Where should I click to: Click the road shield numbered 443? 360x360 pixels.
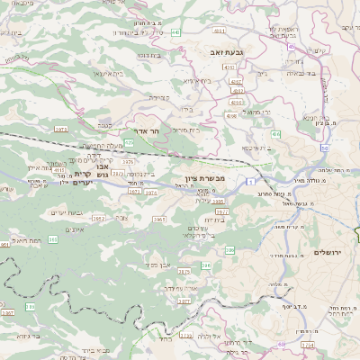pos(175,32)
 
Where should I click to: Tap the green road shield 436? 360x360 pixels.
pos(275,134)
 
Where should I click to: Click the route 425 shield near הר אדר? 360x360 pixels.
pos(130,142)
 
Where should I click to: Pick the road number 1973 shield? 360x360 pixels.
pos(61,130)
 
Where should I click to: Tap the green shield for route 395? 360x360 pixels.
pos(53,238)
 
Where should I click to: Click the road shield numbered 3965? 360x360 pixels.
pos(159,219)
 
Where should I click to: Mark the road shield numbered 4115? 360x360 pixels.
pos(58,168)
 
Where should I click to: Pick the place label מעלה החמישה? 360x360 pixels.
pos(102,146)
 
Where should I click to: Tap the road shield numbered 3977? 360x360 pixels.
pos(222,212)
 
